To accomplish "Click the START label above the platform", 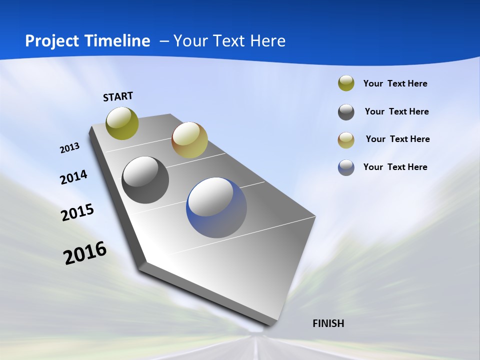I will point(118,96).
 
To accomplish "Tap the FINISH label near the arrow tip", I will point(328,323).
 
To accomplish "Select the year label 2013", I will point(69,148).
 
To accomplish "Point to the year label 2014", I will point(73,177).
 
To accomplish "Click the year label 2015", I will point(77,212).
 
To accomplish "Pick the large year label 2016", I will point(85,253).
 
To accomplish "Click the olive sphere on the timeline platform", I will point(122,123).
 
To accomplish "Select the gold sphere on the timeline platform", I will point(189,140).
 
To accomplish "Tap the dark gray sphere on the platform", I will point(145,180).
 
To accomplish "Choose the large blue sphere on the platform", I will point(216,207).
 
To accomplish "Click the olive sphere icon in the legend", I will point(346,83).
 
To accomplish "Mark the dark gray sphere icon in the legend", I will point(346,112).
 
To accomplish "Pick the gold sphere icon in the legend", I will point(346,140).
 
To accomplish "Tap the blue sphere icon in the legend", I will point(346,167).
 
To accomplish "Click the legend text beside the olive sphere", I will point(395,83).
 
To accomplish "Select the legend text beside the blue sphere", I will point(395,167).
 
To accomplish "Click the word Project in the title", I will point(51,41).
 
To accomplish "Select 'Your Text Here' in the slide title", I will point(229,40).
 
